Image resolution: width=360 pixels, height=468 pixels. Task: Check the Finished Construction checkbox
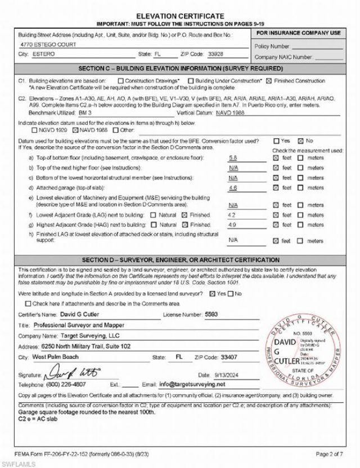268,81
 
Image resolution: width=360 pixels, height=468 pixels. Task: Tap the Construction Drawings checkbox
120,81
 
